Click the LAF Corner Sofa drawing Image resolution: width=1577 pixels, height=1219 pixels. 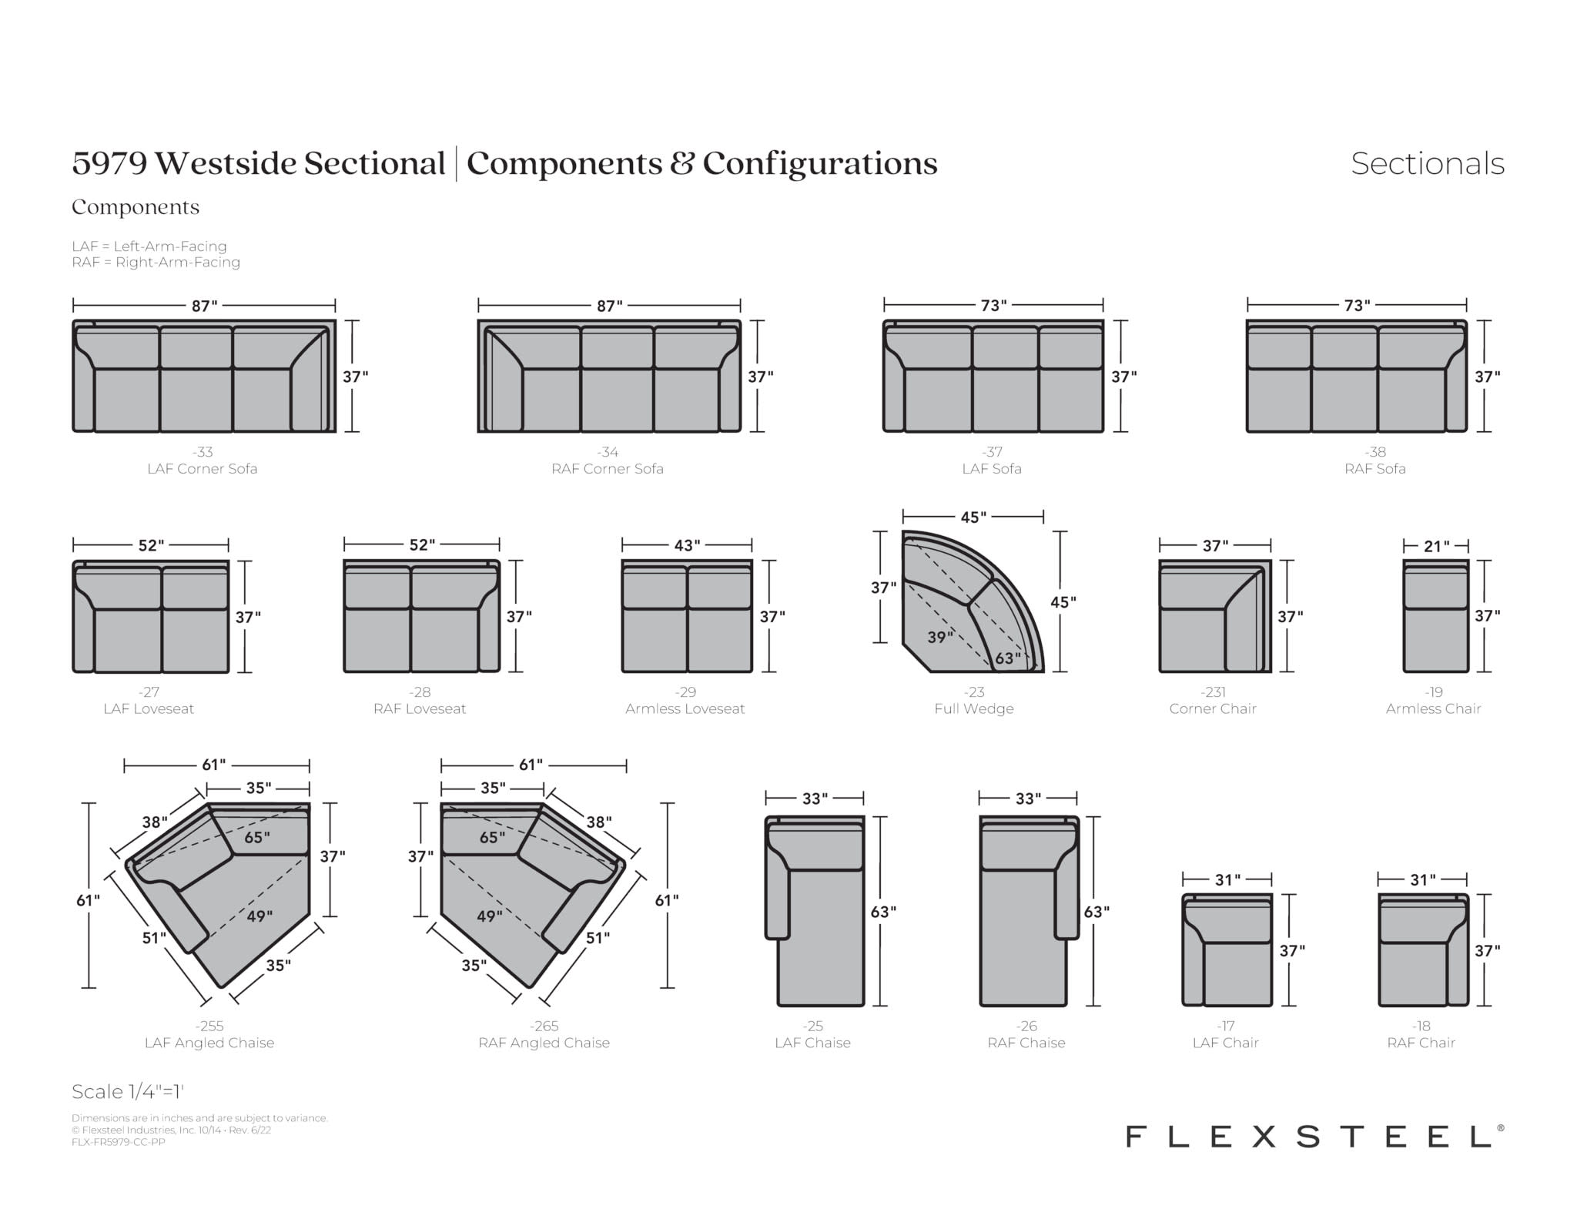click(x=204, y=376)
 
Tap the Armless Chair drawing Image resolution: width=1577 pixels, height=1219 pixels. click(x=1436, y=616)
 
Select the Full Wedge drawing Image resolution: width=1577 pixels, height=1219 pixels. click(x=973, y=601)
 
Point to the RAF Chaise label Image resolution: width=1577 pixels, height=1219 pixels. click(x=1026, y=1043)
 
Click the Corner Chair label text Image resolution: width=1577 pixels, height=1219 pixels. click(x=1213, y=708)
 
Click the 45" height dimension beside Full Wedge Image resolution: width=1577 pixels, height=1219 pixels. click(x=1063, y=601)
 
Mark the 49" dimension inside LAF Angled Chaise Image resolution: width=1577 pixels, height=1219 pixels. click(x=259, y=916)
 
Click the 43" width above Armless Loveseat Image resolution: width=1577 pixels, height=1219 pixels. click(x=687, y=545)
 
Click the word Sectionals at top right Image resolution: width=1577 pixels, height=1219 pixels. click(x=1428, y=163)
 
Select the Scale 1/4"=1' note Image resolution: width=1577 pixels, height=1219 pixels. click(x=128, y=1091)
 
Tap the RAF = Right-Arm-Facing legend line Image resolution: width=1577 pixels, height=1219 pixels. click(x=156, y=262)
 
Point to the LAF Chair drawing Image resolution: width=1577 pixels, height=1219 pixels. click(x=1227, y=949)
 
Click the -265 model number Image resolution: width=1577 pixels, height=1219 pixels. click(x=544, y=1026)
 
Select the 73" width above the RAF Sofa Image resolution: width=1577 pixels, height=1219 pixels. click(x=1357, y=306)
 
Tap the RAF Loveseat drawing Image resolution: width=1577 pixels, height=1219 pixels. click(x=422, y=616)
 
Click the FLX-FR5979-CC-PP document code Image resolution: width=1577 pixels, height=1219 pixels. click(x=119, y=1142)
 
